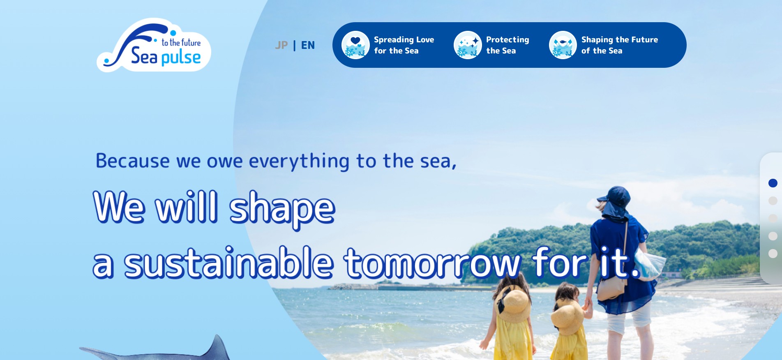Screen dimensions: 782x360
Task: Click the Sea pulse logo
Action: (x=154, y=45)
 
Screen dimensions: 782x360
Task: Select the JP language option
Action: (x=281, y=45)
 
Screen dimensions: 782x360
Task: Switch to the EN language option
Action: (x=308, y=45)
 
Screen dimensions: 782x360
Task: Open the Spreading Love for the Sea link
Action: (x=404, y=45)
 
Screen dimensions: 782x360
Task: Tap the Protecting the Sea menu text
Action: (x=507, y=45)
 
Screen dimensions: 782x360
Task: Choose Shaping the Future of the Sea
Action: (x=620, y=45)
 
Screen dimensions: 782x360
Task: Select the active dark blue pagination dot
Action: (x=773, y=183)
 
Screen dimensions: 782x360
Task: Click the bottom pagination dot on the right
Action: (x=773, y=254)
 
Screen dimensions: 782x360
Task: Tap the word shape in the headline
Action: (x=282, y=208)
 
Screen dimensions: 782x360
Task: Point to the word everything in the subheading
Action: (x=299, y=161)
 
